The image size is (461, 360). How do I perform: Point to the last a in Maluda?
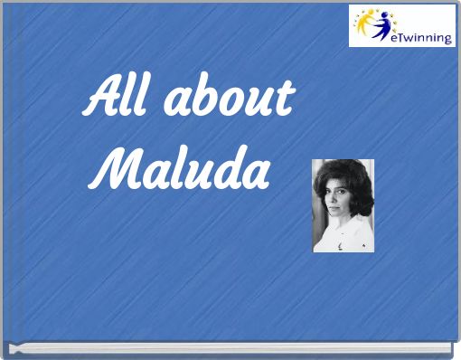click(x=256, y=174)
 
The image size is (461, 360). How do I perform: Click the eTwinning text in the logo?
click(x=419, y=36)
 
